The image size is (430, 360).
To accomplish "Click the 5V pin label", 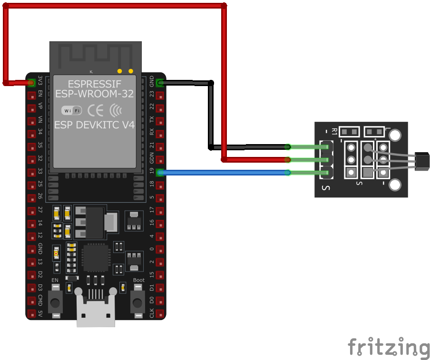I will coord(40,314).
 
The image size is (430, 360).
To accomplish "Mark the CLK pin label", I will coord(152,313).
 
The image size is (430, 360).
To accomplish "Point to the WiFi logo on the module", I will coord(72,110).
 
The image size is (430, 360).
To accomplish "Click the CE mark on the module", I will coord(96,110).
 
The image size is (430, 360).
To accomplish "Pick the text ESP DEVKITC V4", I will coord(94,125).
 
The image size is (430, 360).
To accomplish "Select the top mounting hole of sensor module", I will coord(395,136).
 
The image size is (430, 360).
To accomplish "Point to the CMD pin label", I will coord(40,301).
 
